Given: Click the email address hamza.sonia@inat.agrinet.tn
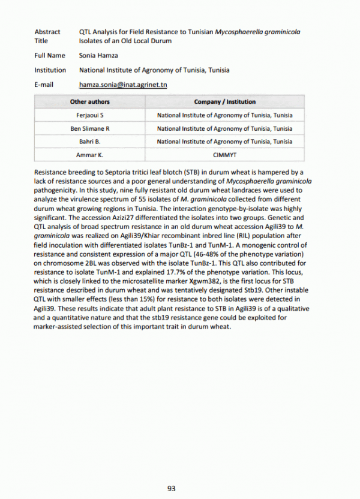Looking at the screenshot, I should tap(123, 85).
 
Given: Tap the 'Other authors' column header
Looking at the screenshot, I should tap(90, 102).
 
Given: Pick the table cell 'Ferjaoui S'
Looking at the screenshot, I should tap(90, 115).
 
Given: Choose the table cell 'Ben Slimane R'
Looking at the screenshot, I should tap(90, 128).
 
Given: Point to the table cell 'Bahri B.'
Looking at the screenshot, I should tap(90, 142).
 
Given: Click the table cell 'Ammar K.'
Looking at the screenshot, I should tap(90, 155).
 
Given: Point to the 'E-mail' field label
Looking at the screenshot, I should tap(44, 85).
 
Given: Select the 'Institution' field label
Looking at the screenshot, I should tap(50, 70).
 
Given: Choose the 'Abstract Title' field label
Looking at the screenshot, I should tap(47, 36).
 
